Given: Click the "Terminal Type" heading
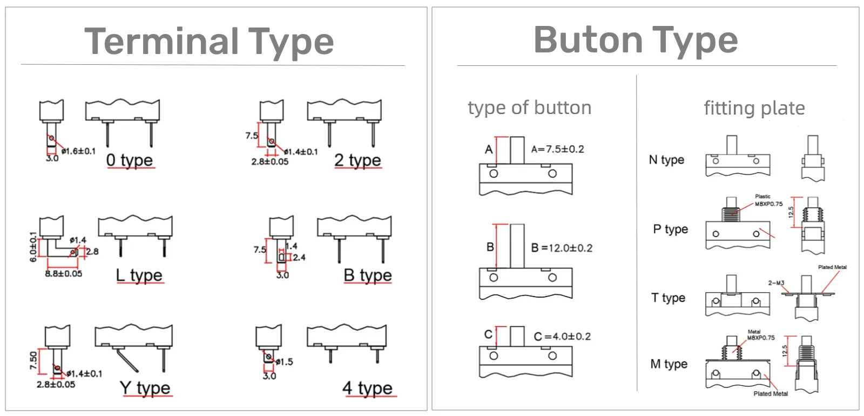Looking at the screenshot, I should [209, 42].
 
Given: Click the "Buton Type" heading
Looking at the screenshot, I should [636, 40].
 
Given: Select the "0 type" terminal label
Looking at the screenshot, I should [130, 160].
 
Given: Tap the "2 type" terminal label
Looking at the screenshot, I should [357, 160].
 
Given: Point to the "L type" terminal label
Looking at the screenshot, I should [139, 275].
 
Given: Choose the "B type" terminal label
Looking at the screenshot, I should [368, 275].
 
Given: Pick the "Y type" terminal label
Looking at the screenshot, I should [145, 387].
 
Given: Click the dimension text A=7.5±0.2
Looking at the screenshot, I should [558, 149].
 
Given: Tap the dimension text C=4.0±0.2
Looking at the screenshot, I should [562, 336].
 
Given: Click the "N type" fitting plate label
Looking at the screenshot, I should [666, 160].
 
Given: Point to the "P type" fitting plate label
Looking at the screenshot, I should [670, 229].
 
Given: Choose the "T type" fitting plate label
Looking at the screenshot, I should [668, 298].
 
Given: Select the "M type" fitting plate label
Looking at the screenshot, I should [669, 364].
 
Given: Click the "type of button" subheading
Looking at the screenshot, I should [530, 108].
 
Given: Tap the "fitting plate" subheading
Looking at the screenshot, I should [754, 108].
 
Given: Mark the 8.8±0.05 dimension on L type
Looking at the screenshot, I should [64, 273].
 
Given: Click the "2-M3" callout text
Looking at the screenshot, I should [776, 283].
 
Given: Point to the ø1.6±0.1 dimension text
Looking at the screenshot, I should [79, 151].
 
